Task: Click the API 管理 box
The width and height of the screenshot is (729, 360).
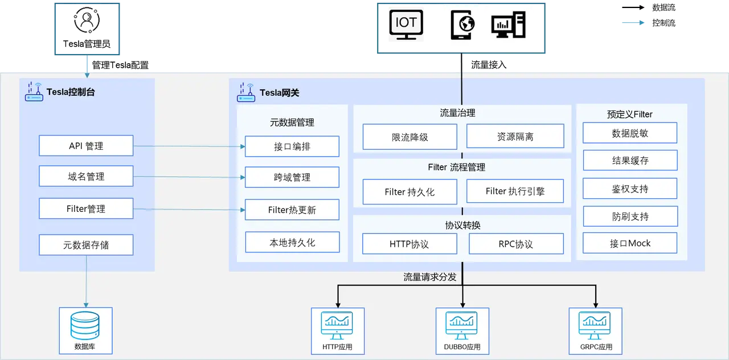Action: point(86,146)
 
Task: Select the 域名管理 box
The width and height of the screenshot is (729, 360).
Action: point(86,177)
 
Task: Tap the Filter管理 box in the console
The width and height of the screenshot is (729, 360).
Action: point(86,208)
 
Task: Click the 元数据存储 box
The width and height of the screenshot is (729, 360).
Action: point(86,245)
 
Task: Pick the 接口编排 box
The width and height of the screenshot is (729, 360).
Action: point(292,146)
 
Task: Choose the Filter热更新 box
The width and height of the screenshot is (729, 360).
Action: point(292,210)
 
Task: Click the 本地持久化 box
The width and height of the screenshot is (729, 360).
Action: point(292,242)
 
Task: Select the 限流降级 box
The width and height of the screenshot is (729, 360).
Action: point(409,137)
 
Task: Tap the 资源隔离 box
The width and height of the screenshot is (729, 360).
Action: point(515,137)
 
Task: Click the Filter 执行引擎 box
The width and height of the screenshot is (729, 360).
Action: point(515,191)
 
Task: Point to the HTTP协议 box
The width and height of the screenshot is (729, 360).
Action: point(409,244)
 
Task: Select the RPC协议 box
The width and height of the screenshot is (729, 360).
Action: point(516,244)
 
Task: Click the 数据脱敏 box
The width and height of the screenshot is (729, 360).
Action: point(630,133)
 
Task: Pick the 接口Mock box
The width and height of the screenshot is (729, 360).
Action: point(630,243)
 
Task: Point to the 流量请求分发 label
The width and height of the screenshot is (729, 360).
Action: point(430,277)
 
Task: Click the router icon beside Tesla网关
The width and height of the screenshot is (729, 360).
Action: point(246,93)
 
